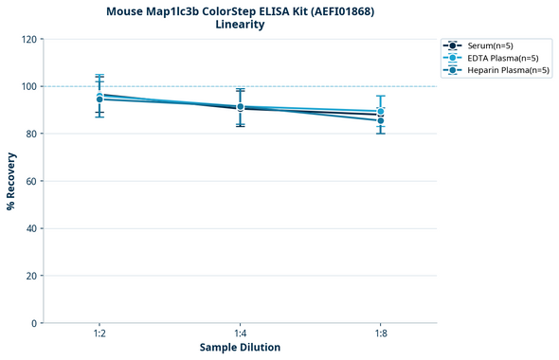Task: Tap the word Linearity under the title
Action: pos(240,25)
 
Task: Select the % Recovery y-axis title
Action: pos(11,180)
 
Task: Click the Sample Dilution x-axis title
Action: pos(240,348)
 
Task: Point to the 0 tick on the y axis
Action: pos(34,323)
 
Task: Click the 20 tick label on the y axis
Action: pos(31,276)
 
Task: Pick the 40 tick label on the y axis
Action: pos(31,228)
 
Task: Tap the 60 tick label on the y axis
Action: pos(31,181)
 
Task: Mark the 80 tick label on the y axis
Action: pos(31,134)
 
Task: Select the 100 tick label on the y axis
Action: pos(28,86)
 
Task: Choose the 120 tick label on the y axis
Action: pos(28,39)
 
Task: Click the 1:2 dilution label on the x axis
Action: pos(99,333)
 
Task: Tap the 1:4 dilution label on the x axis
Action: pos(240,333)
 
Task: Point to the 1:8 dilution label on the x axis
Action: pos(381,333)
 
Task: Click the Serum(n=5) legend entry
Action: pos(490,45)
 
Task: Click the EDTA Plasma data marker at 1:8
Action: pos(381,111)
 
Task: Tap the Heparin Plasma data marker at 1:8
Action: pos(381,120)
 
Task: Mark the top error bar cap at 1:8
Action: pos(381,96)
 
